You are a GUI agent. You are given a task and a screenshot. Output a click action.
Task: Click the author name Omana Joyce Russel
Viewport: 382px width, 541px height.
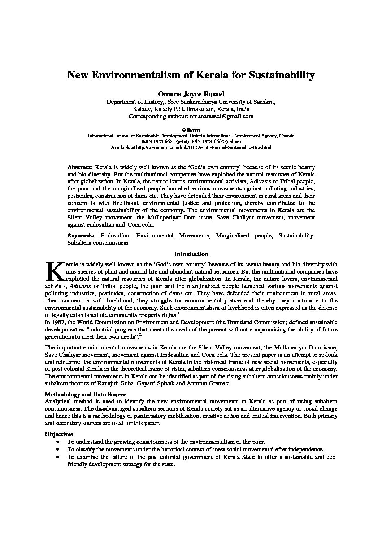click(191, 94)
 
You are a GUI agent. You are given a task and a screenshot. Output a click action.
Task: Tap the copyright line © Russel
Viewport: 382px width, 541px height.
click(191, 129)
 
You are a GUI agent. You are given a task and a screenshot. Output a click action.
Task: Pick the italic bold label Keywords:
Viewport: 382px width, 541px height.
click(81, 236)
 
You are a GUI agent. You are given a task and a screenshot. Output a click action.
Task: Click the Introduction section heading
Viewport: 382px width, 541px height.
click(191, 254)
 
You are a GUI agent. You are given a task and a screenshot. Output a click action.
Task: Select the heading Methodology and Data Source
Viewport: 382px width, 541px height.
click(85, 394)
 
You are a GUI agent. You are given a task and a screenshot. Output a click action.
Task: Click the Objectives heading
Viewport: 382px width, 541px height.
click(59, 434)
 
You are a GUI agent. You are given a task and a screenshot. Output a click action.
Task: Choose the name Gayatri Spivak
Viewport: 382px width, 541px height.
click(169, 384)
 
